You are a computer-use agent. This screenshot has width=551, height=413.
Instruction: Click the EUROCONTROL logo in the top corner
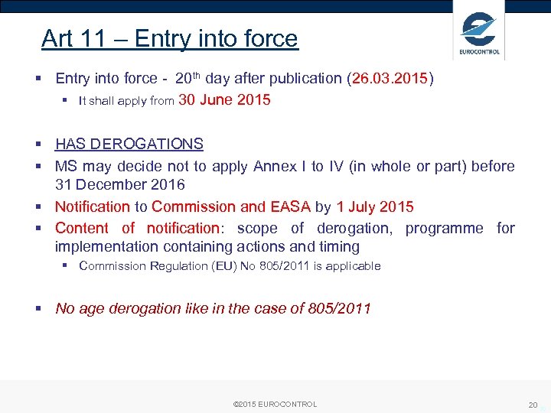click(479, 31)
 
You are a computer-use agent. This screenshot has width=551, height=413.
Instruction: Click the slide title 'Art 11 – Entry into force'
click(169, 38)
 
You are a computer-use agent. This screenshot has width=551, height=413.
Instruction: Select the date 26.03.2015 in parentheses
click(390, 79)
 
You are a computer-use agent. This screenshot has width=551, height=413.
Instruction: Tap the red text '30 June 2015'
click(224, 100)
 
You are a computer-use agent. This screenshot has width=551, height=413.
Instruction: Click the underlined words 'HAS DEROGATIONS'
click(129, 144)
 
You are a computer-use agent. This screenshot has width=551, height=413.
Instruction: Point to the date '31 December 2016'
click(120, 184)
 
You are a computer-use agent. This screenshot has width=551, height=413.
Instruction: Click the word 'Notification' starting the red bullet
click(93, 206)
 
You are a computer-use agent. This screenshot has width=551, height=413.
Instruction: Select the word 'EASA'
click(290, 206)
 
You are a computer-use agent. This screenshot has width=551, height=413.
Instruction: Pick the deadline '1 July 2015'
click(375, 206)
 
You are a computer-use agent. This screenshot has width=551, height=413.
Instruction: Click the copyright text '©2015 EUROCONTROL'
click(275, 404)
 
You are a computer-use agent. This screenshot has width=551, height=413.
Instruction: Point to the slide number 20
click(533, 405)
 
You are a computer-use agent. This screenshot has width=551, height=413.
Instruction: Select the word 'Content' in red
click(82, 228)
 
